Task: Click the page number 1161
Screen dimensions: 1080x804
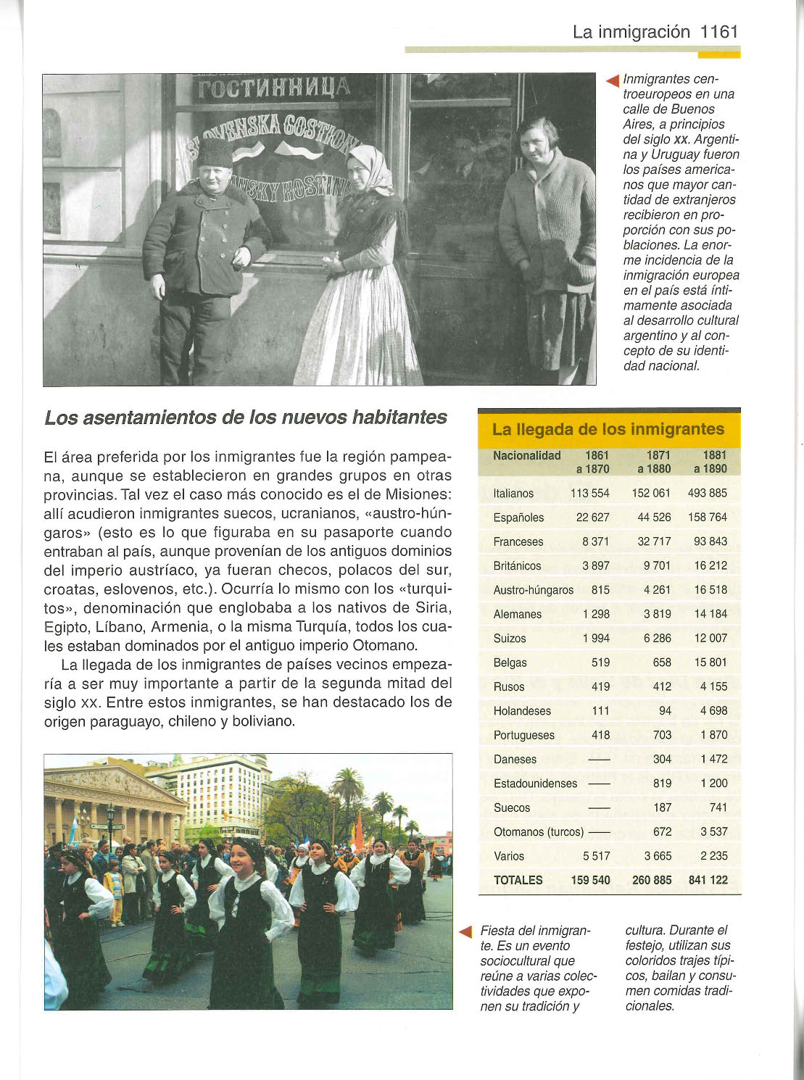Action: coord(719,32)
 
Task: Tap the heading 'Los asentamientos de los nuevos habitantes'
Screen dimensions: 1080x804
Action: coord(246,418)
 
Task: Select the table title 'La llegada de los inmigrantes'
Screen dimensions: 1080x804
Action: coord(608,429)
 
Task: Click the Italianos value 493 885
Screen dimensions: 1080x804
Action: coord(707,493)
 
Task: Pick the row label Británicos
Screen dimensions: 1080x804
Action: coord(517,565)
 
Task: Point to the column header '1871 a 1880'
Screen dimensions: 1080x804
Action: coord(654,462)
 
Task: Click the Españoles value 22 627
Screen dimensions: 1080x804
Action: coord(592,518)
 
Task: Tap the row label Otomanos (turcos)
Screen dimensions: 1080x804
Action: coord(538,831)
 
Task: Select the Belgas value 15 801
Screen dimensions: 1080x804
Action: coord(710,662)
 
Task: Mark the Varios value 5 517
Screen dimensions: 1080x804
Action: coord(596,856)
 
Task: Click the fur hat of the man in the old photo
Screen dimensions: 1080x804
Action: coord(215,153)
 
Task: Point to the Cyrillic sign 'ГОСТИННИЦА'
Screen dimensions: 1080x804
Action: coord(273,89)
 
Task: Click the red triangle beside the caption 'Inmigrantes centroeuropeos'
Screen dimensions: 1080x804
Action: coord(613,80)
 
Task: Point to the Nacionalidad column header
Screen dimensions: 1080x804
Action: coord(526,456)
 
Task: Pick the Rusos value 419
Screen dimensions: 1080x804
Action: coord(600,686)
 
